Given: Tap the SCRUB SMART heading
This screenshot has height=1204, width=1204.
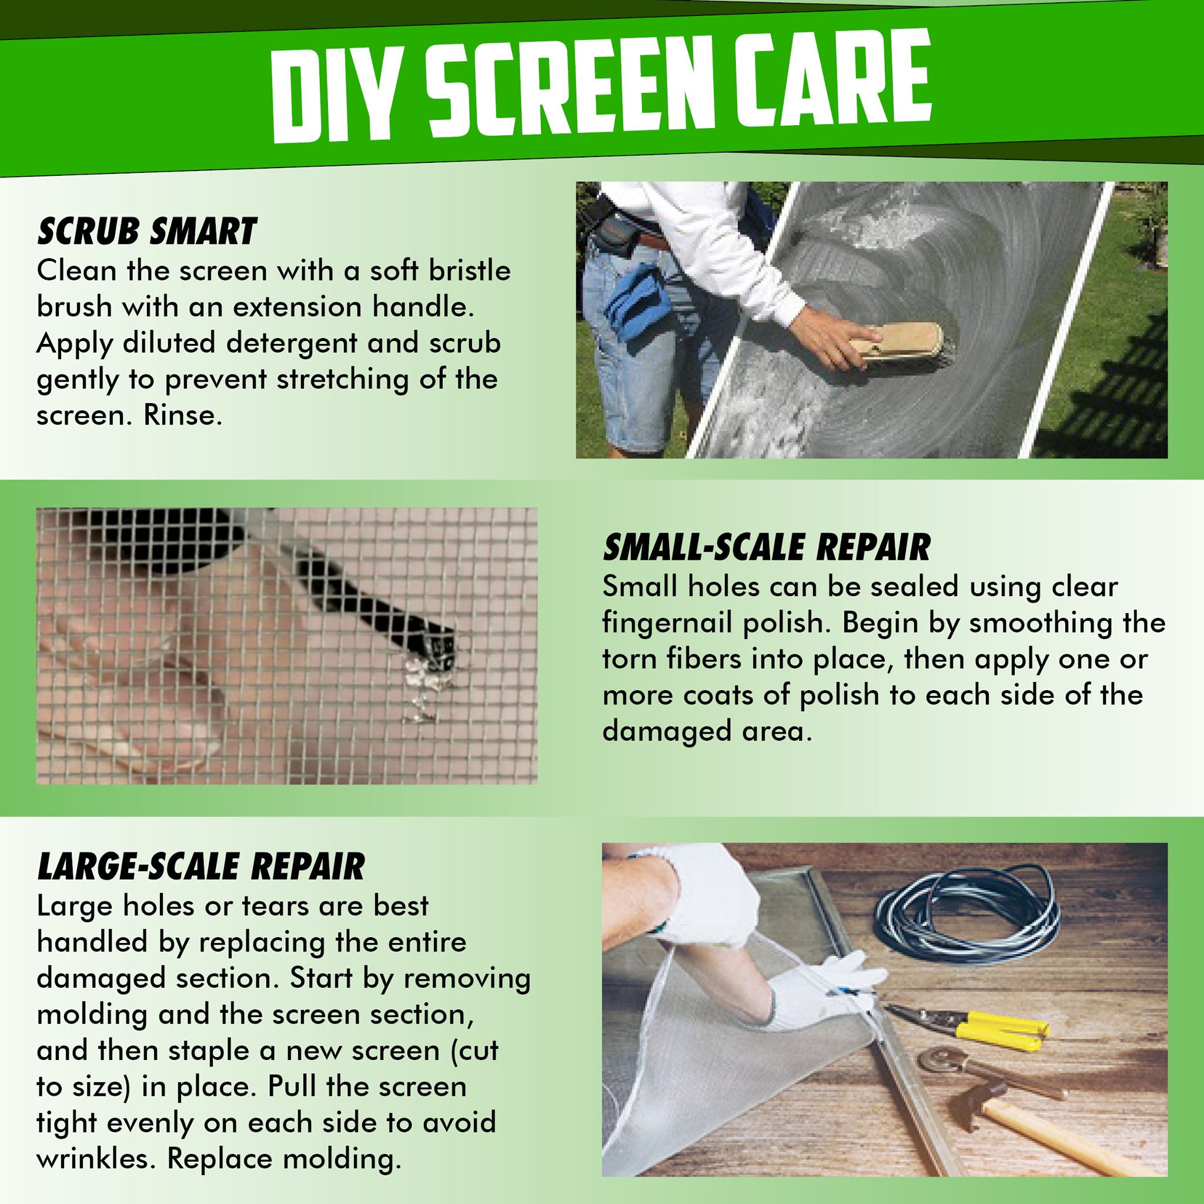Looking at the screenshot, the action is [147, 232].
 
